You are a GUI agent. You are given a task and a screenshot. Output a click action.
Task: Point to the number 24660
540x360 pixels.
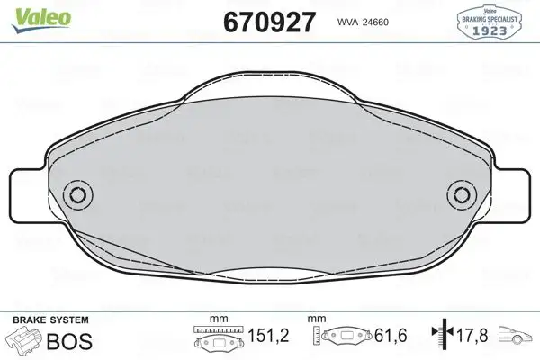[384, 22]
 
